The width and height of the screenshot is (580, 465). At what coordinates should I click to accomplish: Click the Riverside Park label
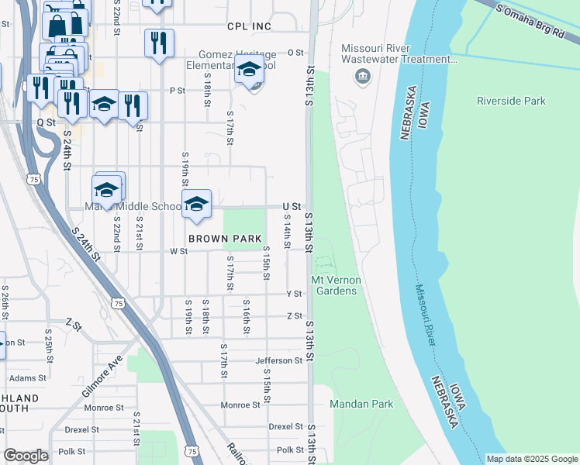tap(511, 101)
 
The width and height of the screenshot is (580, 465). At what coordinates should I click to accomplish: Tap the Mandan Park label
tap(361, 404)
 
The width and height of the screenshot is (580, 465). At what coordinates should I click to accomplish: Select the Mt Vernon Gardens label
tap(334, 285)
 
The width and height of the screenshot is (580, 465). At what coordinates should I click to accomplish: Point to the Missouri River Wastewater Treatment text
tap(395, 53)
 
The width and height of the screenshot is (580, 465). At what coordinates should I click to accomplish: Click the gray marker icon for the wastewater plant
tap(361, 76)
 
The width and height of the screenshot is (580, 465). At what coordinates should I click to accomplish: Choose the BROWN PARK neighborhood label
tap(225, 239)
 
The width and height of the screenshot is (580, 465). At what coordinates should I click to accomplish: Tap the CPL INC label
tap(249, 26)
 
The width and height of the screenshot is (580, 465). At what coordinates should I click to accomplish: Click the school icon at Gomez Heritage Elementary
tap(249, 69)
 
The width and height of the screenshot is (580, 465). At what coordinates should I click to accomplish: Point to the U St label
tap(292, 206)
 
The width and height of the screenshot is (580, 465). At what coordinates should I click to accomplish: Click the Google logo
tap(26, 456)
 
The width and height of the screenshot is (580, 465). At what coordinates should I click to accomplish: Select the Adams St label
tap(28, 378)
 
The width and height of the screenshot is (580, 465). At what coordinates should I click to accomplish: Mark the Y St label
tap(294, 294)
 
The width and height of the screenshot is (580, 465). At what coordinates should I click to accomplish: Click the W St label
tap(178, 251)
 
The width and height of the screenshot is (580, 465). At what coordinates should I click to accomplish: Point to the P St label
tap(178, 91)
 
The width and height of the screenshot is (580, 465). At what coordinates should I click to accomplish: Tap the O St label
tap(295, 53)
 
